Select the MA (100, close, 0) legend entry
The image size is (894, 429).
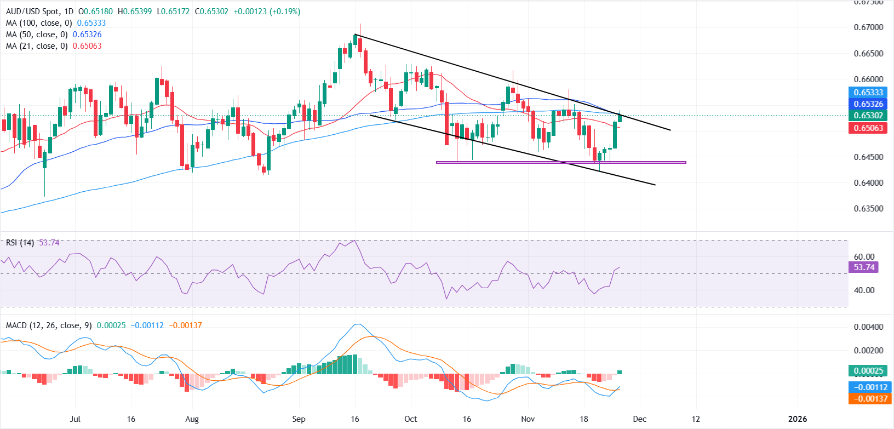38,23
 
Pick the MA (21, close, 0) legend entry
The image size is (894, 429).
36,46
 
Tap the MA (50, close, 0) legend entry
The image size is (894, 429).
36,35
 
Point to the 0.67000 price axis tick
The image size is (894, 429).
868,27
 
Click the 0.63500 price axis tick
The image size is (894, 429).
868,209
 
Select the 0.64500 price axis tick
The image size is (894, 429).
868,157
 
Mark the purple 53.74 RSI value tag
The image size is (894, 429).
864,267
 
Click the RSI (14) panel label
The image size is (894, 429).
20,243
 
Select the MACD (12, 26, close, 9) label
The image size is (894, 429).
49,325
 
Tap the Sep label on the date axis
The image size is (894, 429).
299,419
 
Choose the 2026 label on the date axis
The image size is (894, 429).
797,419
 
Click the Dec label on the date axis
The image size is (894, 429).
639,419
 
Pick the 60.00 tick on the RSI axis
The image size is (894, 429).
864,257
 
